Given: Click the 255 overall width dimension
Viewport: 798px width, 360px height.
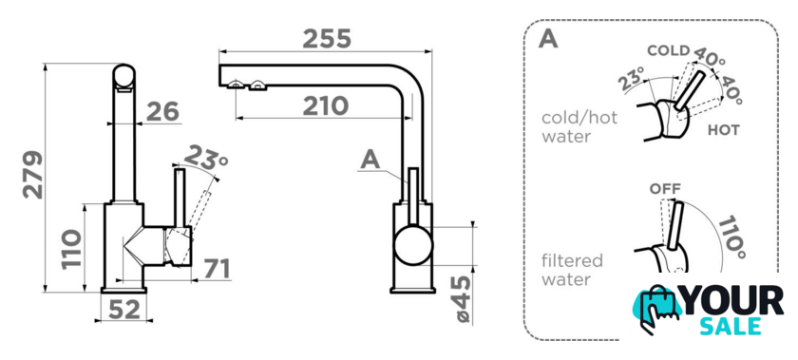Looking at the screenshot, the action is click(327, 39).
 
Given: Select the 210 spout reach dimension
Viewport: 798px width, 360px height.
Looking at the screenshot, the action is click(326, 106).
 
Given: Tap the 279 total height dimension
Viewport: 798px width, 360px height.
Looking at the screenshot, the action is click(33, 174).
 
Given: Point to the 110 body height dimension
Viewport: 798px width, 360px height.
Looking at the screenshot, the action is click(71, 250).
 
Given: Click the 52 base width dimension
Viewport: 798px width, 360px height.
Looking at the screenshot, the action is click(124, 309).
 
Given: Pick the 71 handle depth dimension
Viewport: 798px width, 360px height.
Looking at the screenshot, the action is click(217, 269).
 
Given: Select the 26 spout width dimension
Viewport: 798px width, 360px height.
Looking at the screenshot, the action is click(162, 111).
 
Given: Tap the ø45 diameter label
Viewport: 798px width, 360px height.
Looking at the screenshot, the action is click(464, 299).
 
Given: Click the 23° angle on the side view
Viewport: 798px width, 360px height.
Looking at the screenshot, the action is click(205, 158).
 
